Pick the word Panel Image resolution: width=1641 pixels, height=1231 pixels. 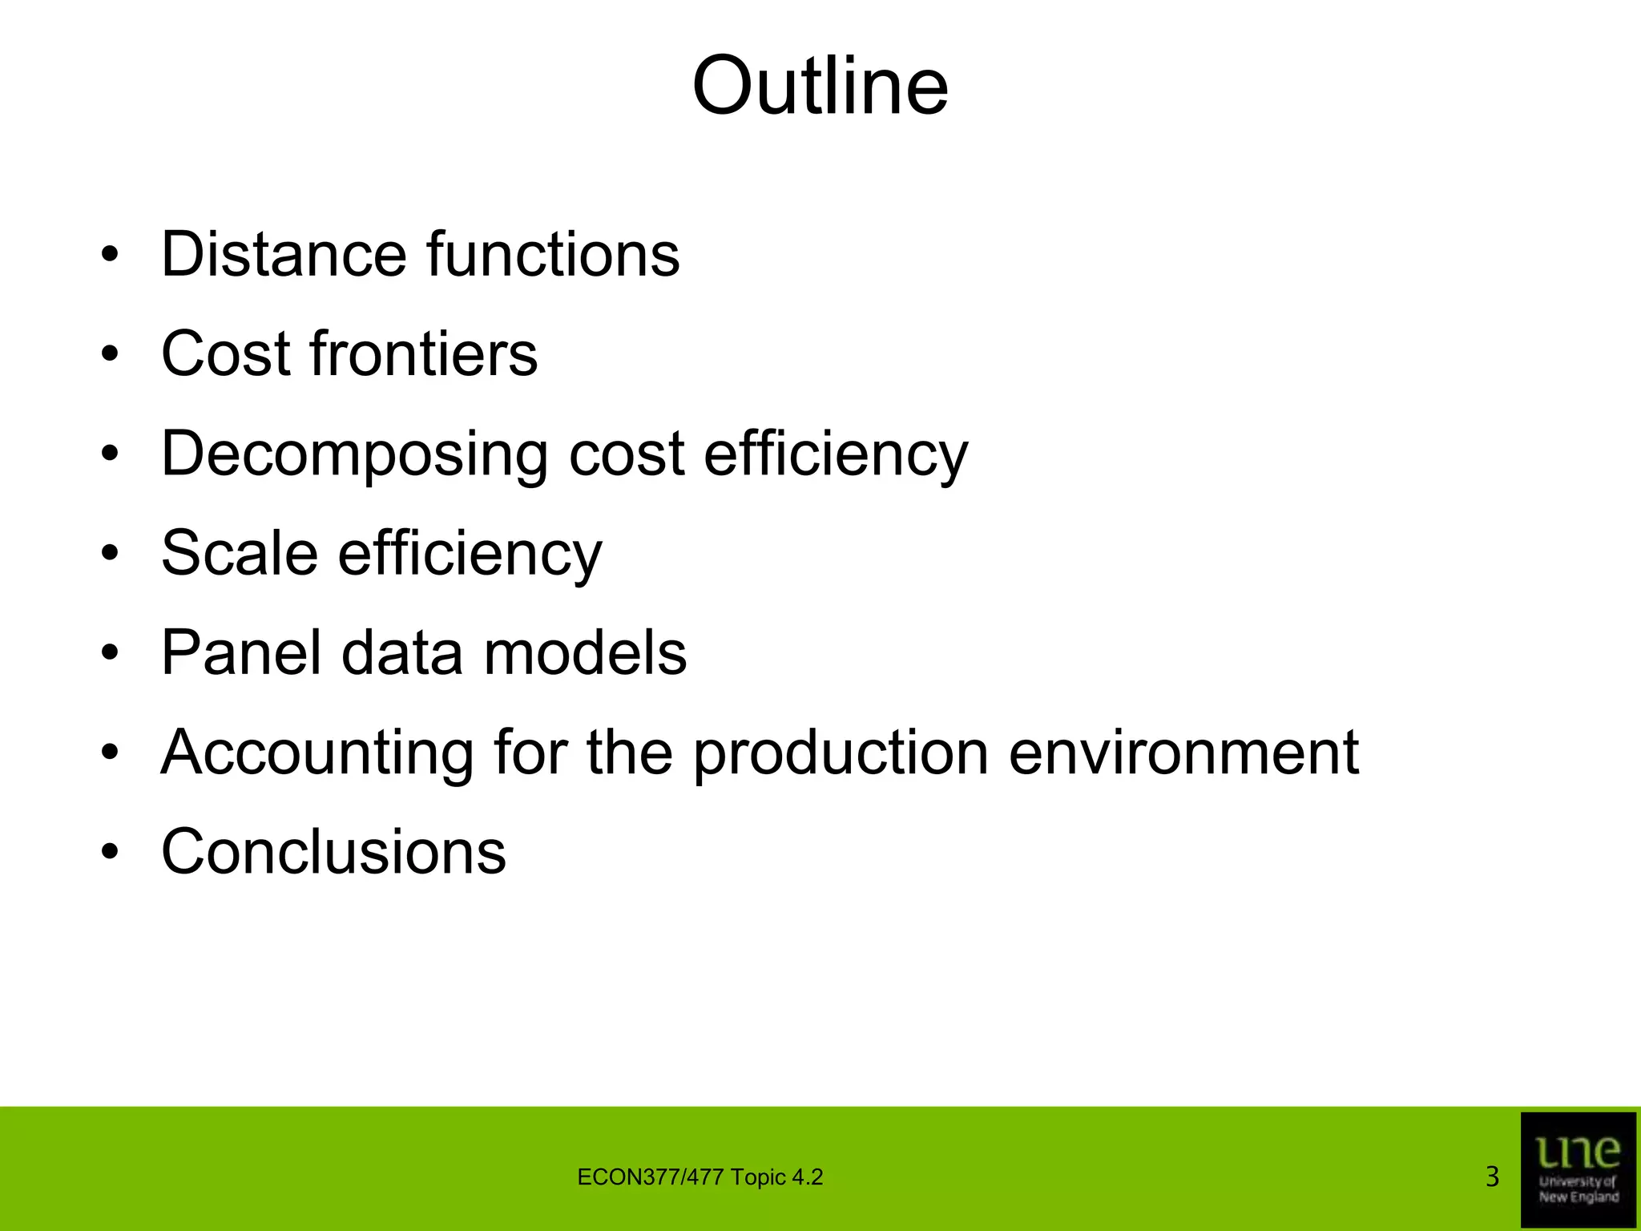point(241,652)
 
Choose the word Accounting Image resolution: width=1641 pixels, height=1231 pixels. point(317,753)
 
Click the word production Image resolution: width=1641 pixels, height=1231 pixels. point(841,753)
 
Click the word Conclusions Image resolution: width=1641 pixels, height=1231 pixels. point(333,851)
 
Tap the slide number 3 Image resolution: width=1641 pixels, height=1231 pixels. point(1492,1177)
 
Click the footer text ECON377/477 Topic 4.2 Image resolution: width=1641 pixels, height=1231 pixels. point(700,1177)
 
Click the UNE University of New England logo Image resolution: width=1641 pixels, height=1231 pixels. point(1578,1169)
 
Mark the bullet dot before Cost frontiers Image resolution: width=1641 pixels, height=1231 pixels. point(110,354)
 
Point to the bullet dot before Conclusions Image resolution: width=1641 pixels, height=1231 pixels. point(110,852)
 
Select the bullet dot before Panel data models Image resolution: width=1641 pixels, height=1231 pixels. point(110,653)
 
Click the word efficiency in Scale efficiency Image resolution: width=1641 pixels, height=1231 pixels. point(470,555)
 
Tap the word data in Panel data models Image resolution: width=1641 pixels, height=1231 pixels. point(402,652)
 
